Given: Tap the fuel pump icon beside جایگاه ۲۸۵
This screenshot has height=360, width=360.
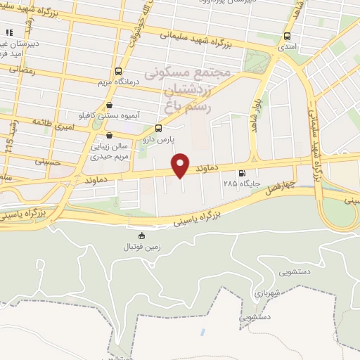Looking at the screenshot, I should tap(242, 174).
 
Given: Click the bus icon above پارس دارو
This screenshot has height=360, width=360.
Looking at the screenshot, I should tap(157, 128).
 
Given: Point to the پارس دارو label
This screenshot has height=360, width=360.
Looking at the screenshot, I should tap(157, 139).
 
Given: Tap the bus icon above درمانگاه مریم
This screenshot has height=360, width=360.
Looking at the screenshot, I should tap(117, 71).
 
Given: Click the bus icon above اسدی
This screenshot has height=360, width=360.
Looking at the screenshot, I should tap(287, 37).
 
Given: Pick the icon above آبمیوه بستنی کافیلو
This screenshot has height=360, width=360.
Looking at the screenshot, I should tap(109, 105).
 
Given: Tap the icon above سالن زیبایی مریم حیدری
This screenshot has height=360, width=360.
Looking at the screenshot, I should tap(109, 136).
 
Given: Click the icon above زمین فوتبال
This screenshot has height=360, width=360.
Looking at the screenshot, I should tap(142, 236).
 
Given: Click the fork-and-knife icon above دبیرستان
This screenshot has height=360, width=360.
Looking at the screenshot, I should tap(9, 32).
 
